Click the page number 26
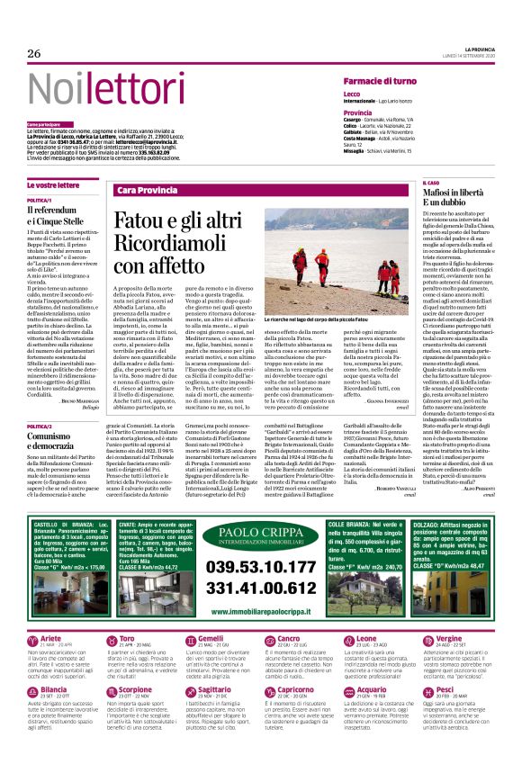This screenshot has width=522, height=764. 34,54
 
